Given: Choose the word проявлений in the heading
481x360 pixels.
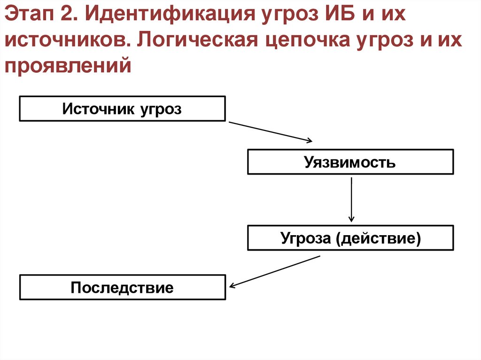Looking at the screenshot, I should click(x=67, y=65).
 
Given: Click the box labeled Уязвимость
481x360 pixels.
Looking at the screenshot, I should click(x=350, y=162).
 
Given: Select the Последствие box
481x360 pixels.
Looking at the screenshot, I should click(x=122, y=287).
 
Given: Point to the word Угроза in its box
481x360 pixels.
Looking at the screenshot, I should click(x=306, y=238).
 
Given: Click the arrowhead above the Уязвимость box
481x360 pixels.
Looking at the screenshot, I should click(x=309, y=140).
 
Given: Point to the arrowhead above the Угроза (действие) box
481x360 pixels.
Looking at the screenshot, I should click(x=351, y=219).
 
